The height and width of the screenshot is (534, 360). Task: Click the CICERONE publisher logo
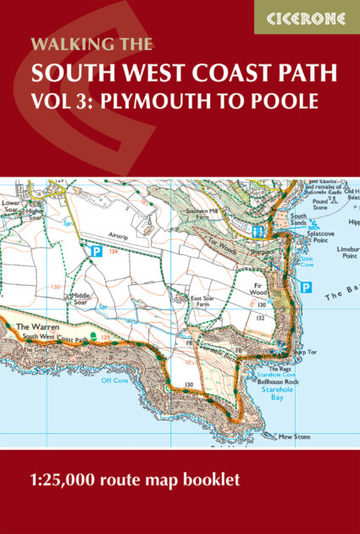307,18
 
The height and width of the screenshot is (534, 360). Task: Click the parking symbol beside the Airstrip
96,251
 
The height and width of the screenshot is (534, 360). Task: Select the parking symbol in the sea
307,287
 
